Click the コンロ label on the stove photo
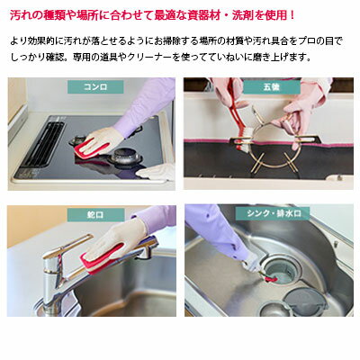pos(95,87)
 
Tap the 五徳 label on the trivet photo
pos(272,87)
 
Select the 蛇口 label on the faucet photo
pos(95,215)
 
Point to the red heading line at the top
pos(153,15)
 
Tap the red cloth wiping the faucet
pos(101,258)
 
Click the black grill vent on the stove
pos(42,144)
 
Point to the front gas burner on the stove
pos(123,156)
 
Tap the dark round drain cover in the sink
pos(304,301)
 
